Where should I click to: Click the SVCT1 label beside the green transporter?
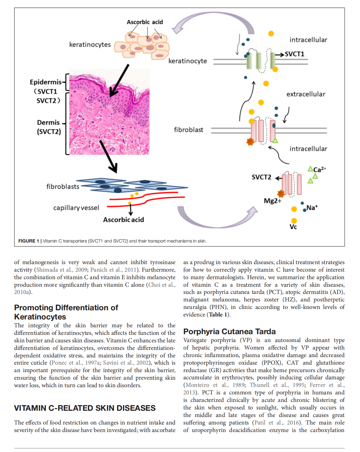click(294, 54)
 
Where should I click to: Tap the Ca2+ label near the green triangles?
click(319, 169)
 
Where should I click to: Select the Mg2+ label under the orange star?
click(272, 201)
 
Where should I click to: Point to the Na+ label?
click(312, 208)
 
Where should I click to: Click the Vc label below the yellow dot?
click(293, 227)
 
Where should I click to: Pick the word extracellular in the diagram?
click(306, 94)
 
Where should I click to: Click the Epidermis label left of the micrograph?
click(45, 82)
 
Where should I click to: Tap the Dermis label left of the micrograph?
click(48, 123)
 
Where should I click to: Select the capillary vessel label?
click(76, 208)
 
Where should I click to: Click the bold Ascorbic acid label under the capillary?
click(123, 220)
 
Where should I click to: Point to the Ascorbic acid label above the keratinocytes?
click(145, 22)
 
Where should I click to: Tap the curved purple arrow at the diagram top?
click(213, 23)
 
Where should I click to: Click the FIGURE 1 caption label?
click(28, 241)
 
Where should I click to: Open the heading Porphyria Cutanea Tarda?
click(229, 332)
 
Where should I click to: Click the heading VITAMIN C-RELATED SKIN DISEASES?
click(85, 408)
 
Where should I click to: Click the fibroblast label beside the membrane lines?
click(189, 130)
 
